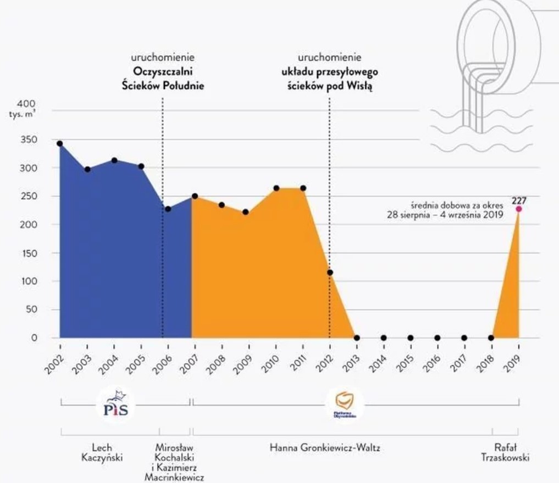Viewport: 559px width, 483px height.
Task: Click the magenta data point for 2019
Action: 518,209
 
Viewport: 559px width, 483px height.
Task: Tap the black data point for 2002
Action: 60,143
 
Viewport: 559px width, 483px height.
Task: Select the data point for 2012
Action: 330,272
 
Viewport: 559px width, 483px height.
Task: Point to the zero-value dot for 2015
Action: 410,338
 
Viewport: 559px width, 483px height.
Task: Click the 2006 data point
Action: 168,209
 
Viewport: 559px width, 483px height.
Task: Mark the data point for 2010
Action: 276,188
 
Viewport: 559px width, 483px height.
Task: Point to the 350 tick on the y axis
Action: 29,140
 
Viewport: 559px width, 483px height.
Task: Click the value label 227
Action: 519,200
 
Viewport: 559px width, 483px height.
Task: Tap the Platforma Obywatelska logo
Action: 344,405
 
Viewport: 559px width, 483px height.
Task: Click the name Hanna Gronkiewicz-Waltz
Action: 325,448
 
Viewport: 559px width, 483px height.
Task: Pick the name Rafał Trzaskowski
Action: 511,453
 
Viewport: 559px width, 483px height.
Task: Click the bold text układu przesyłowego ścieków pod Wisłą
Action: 329,78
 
